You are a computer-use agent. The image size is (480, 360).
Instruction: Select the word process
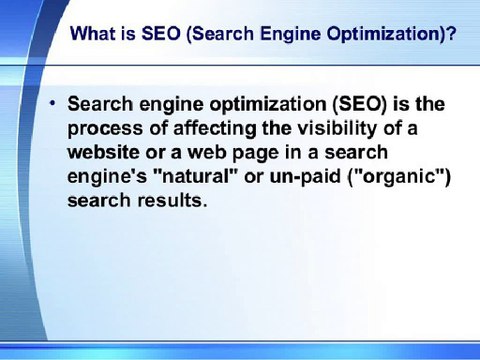click(x=102, y=129)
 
